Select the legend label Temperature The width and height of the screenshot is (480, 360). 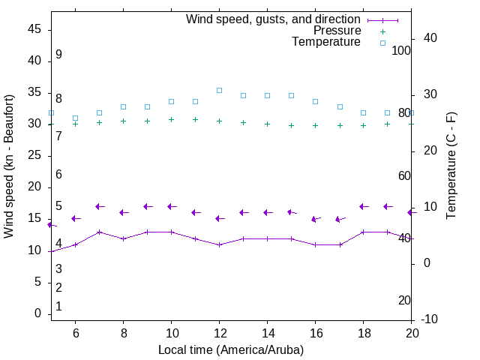pyautogui.click(x=326, y=42)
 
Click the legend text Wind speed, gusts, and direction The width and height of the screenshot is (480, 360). pyautogui.click(x=273, y=19)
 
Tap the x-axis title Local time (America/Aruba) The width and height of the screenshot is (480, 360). pyautogui.click(x=231, y=349)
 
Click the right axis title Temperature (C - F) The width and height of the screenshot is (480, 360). pyautogui.click(x=451, y=166)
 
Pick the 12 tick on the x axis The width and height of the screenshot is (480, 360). pyautogui.click(x=219, y=333)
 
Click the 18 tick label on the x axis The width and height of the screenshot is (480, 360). pyautogui.click(x=364, y=333)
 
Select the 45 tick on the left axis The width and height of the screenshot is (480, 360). pyautogui.click(x=34, y=28)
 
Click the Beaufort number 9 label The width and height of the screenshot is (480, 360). pyautogui.click(x=58, y=55)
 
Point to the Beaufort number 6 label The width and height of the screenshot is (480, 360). pyautogui.click(x=58, y=175)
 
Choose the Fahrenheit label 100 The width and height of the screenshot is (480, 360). pyautogui.click(x=401, y=50)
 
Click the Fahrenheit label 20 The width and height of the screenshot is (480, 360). pyautogui.click(x=404, y=300)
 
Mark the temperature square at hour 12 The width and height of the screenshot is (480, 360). pyautogui.click(x=219, y=90)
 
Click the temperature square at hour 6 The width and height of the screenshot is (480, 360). pyautogui.click(x=75, y=118)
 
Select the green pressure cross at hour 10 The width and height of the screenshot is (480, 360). pyautogui.click(x=171, y=119)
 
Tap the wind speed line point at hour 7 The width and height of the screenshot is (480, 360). pyautogui.click(x=99, y=232)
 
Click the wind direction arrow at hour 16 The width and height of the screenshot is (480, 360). pyautogui.click(x=315, y=219)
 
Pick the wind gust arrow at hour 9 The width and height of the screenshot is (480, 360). pyautogui.click(x=147, y=206)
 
